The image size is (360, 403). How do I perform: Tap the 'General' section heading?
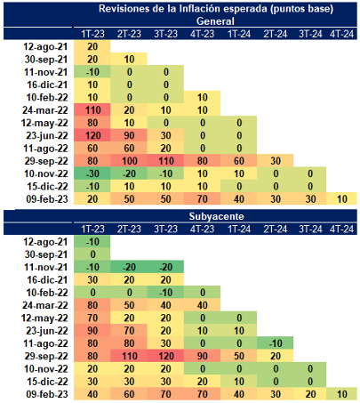click(x=215, y=21)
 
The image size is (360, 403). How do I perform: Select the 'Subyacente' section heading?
click(x=217, y=216)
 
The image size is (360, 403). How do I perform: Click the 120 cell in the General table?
click(x=93, y=136)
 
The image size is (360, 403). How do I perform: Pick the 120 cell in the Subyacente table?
click(x=166, y=357)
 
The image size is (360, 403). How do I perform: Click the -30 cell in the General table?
click(x=92, y=173)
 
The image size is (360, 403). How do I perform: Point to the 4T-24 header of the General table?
click(x=342, y=34)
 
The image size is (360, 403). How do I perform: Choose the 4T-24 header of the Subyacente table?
click(x=342, y=230)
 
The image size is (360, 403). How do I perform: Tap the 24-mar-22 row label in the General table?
click(x=45, y=110)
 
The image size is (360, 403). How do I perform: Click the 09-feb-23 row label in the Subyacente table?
click(x=47, y=394)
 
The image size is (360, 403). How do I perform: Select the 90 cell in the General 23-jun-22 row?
click(x=129, y=136)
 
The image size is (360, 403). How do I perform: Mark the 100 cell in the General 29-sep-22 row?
click(x=130, y=161)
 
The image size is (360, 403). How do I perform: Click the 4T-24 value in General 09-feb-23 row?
click(x=342, y=199)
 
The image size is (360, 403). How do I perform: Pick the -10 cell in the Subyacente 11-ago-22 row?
click(x=276, y=343)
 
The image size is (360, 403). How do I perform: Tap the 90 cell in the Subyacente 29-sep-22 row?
click(x=203, y=357)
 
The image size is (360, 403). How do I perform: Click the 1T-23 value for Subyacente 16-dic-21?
click(x=92, y=280)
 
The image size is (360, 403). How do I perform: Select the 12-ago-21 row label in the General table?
click(x=45, y=47)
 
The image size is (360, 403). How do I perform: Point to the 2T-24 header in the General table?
click(x=276, y=34)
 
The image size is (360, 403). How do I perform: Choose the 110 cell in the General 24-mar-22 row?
click(x=93, y=110)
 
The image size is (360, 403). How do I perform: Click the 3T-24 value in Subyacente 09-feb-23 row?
click(x=310, y=394)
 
